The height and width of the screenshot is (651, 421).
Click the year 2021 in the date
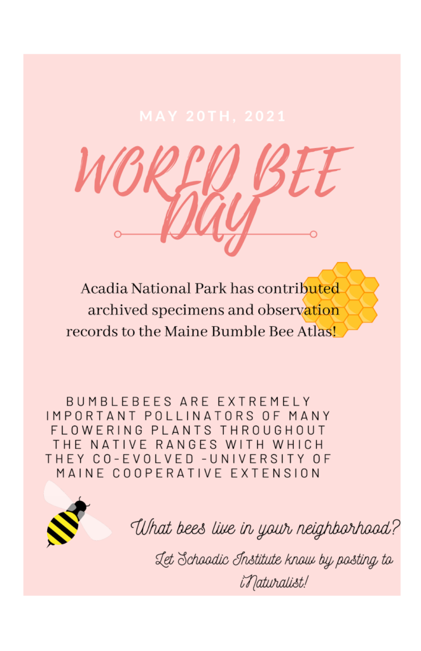tap(265, 116)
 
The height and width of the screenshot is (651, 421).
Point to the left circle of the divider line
tap(118, 234)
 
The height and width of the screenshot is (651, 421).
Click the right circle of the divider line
tap(314, 234)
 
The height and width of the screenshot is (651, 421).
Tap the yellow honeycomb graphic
tap(340, 300)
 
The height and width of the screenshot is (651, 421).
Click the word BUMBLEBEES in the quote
tap(119, 402)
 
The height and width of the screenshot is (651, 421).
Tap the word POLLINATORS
tap(199, 416)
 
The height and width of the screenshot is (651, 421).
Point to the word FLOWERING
tap(97, 430)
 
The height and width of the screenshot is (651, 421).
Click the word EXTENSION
tap(275, 473)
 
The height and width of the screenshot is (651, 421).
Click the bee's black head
tap(80, 506)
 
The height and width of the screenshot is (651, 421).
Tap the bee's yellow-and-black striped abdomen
tap(62, 528)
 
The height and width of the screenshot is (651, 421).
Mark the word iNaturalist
tap(273, 583)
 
